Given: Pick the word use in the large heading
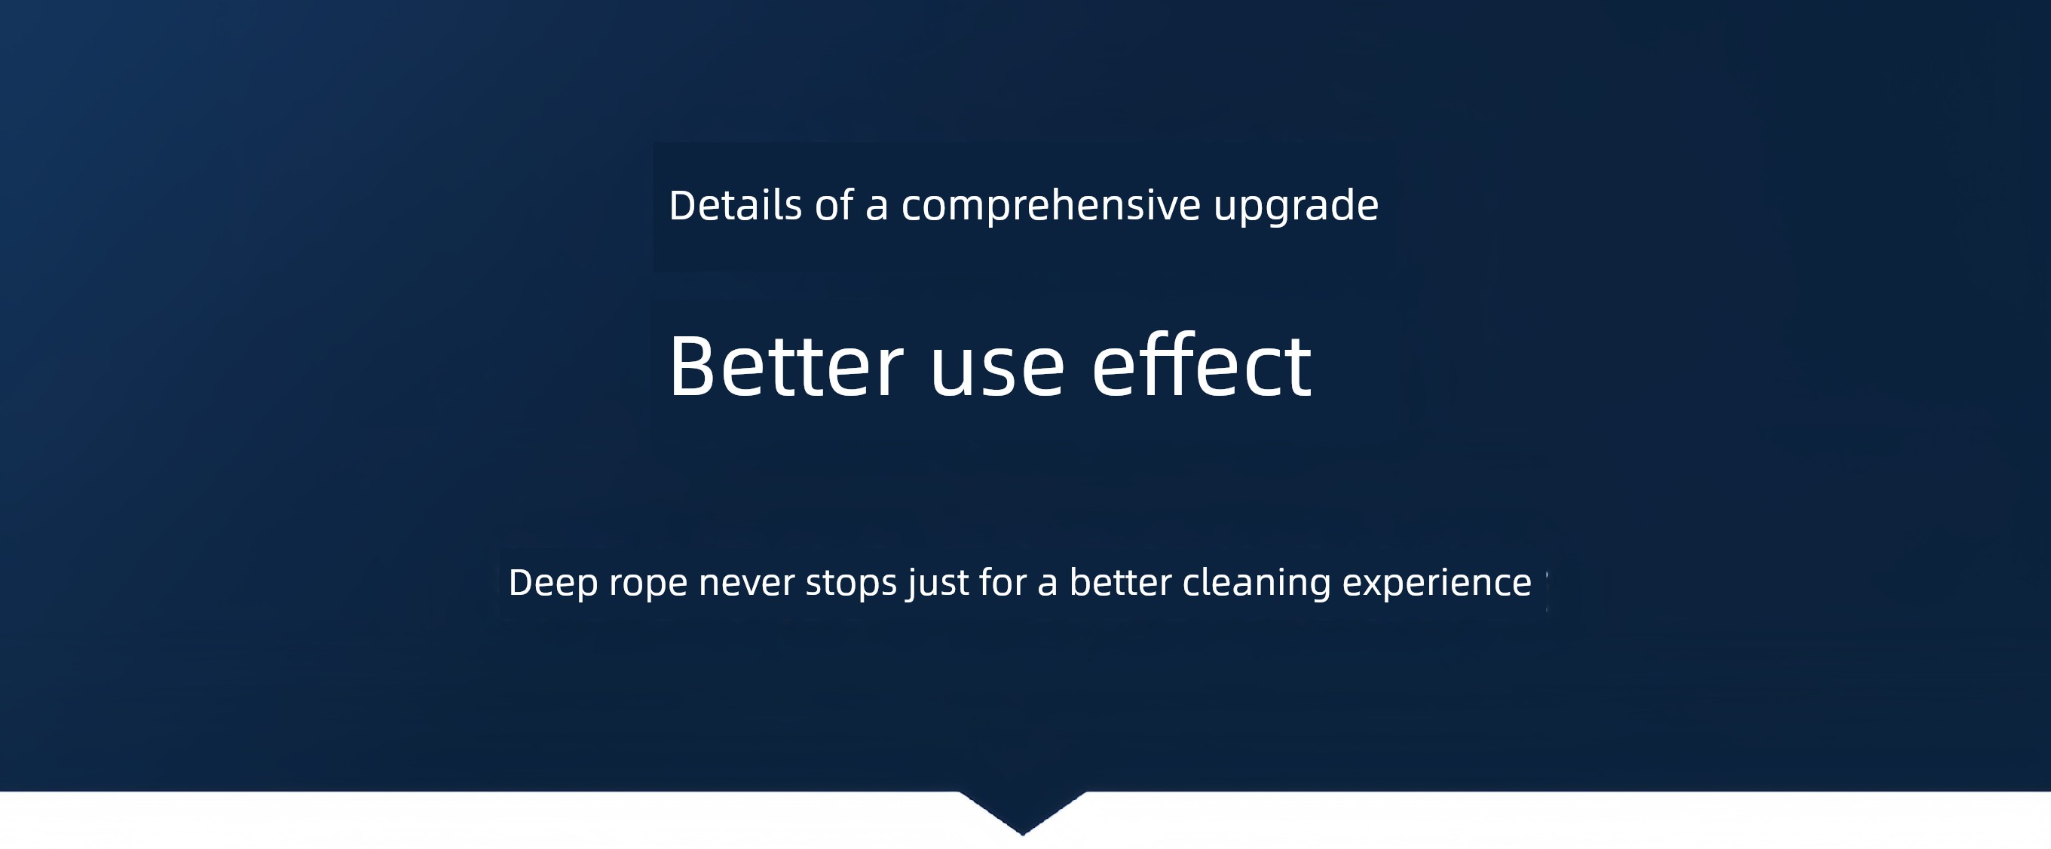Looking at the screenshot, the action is pos(996,372).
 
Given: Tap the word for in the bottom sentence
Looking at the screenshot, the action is pos(1003,581).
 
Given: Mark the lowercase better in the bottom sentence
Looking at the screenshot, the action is pos(1120,581).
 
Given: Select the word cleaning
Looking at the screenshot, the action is pos(1257,584).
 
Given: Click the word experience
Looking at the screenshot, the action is pos(1437,584).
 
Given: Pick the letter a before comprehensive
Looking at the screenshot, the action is pos(877,209).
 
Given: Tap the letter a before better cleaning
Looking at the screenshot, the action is pos(1047,585).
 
